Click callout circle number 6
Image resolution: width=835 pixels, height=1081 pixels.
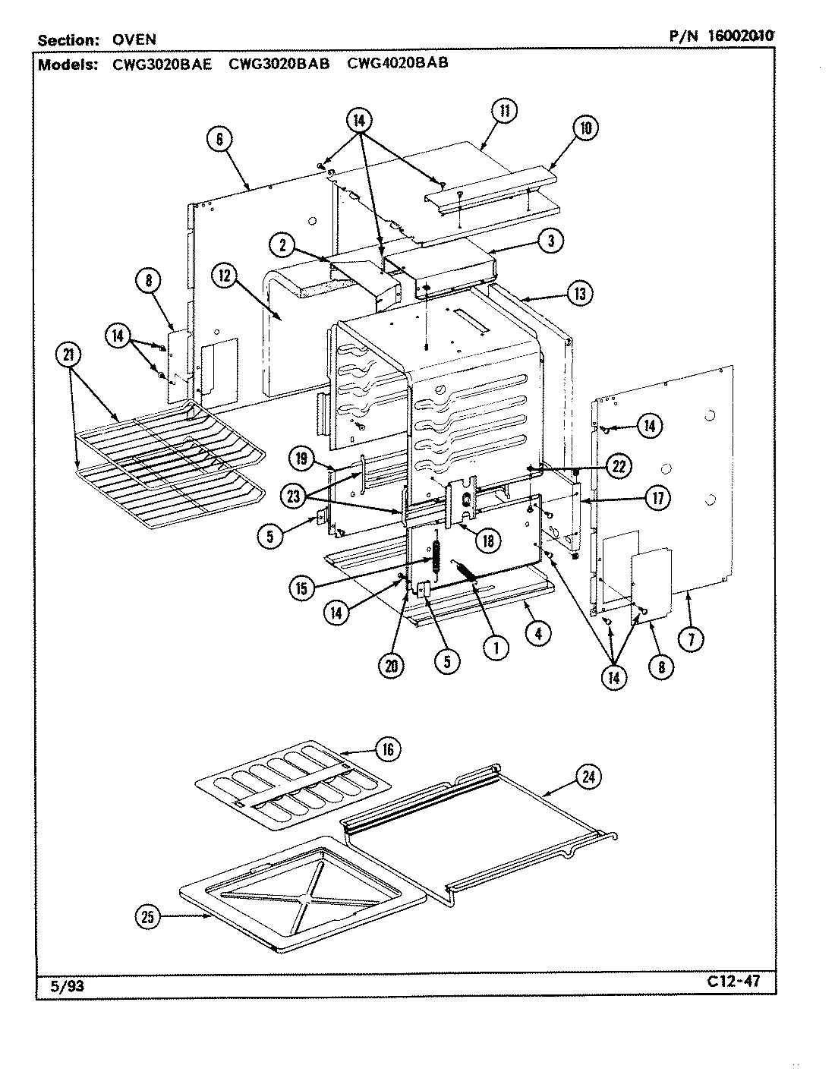coord(219,139)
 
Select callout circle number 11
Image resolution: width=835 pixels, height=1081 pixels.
coord(503,111)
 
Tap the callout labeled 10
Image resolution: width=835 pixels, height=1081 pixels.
coord(584,128)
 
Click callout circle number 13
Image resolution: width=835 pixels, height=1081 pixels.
coord(580,294)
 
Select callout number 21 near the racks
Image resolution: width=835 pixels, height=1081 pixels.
coord(70,356)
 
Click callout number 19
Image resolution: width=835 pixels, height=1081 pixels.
coord(301,459)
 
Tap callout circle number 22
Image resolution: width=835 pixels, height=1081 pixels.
coord(618,466)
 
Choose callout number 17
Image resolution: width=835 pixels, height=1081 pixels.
coord(657,498)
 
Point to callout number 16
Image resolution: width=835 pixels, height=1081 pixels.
coord(387,749)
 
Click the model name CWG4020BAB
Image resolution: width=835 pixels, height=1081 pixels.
coord(397,64)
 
